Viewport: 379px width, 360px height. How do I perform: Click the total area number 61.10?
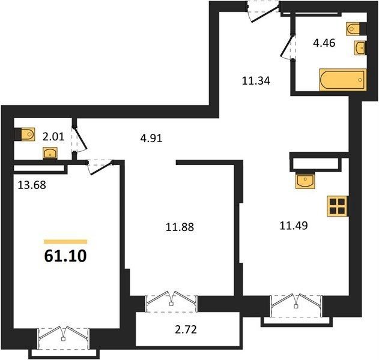point(65,256)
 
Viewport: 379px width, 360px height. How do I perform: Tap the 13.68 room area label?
point(32,185)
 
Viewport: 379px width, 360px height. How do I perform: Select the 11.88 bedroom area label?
point(180,227)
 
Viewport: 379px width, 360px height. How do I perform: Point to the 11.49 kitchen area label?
point(294,226)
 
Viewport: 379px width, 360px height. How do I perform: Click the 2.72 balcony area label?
point(186,329)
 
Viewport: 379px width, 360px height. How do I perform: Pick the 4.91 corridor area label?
point(151,139)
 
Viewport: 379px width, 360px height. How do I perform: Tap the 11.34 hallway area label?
point(256,80)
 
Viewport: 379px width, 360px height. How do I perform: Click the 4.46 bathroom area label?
point(324,43)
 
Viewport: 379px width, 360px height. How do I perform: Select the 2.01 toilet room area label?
point(53,137)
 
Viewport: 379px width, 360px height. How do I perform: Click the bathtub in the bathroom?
point(343,80)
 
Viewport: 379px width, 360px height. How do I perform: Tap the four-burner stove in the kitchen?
point(338,206)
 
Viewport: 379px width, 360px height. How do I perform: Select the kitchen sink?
point(305,181)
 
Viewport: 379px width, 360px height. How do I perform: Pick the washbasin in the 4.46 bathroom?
point(360,48)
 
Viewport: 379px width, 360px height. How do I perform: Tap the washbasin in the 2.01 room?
point(50,154)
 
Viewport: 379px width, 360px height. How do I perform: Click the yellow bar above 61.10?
point(65,241)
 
